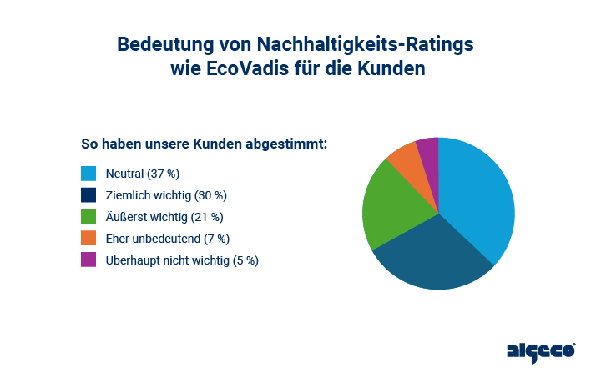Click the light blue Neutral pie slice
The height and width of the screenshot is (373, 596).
pyautogui.click(x=480, y=196)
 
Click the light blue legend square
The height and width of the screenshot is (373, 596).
pyautogui.click(x=88, y=174)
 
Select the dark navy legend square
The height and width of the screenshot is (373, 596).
pyautogui.click(x=88, y=195)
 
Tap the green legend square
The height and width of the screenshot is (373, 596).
pyautogui.click(x=88, y=217)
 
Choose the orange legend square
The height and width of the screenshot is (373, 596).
pyautogui.click(x=88, y=239)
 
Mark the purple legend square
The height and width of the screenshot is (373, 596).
pyautogui.click(x=88, y=260)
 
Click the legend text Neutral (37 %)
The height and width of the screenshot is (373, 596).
pyautogui.click(x=143, y=174)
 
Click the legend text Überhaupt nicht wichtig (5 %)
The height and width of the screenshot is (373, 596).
pyautogui.click(x=182, y=260)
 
